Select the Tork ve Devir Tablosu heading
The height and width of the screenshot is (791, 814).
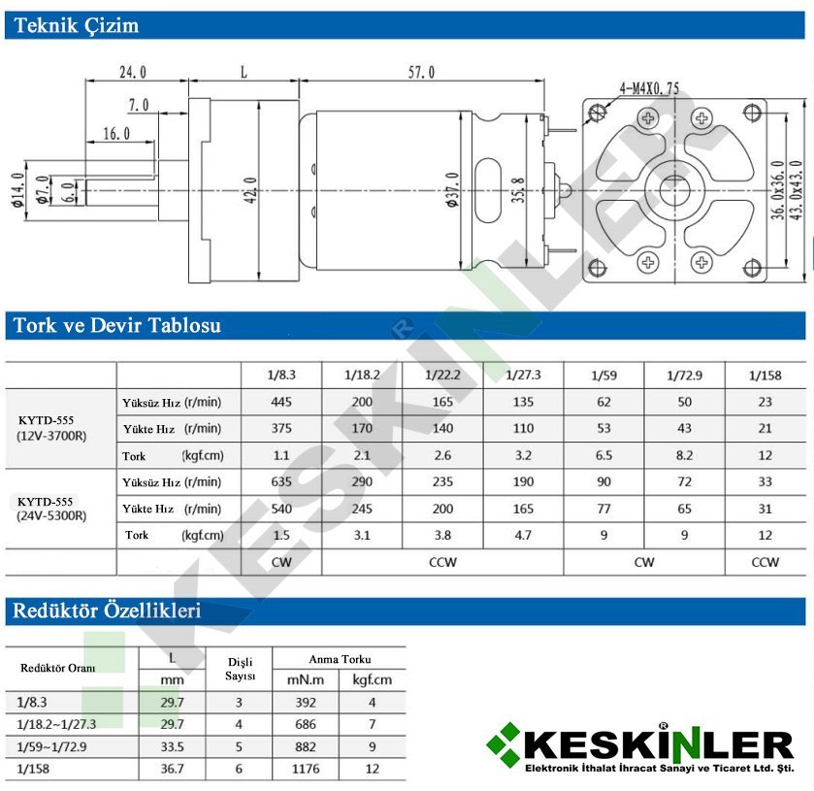point(117,325)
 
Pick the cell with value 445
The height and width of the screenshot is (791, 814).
point(281,402)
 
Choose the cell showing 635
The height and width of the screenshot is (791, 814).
point(281,481)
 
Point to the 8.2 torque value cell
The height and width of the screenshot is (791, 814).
point(685,454)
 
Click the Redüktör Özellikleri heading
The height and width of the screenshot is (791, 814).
point(107,610)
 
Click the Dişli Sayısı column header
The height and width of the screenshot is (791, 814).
point(240,669)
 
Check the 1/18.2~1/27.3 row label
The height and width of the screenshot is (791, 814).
point(57,724)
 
